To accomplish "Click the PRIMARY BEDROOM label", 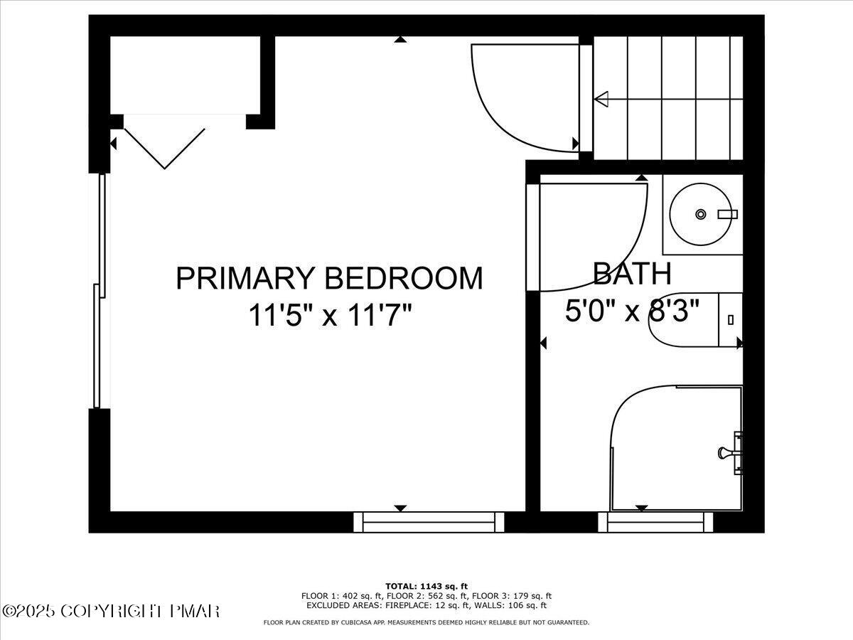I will point(328,278).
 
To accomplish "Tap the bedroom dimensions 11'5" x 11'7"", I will point(330,314).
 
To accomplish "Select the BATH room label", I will point(631,273).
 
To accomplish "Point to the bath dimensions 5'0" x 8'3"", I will point(631,311).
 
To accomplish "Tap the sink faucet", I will point(727,214).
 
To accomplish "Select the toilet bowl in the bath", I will point(682,320).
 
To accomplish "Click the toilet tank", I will point(731,320).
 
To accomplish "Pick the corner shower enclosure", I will point(675,448).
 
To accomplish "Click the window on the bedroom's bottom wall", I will point(429,522).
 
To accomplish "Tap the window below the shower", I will point(655,522).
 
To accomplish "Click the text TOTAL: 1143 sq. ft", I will point(426,586).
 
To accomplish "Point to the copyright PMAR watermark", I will point(111,611).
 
